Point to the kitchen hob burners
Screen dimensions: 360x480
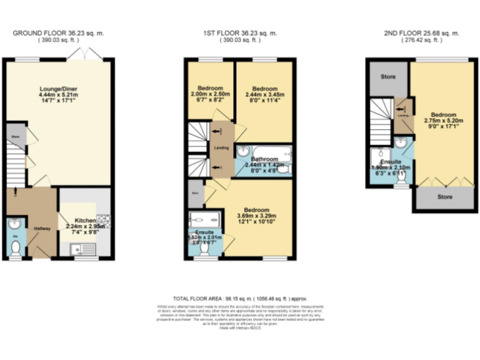(x=103, y=220)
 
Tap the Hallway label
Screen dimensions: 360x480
(x=42, y=228)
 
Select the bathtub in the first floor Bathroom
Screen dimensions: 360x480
(x=262, y=151)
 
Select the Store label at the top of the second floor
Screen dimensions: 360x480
(x=388, y=77)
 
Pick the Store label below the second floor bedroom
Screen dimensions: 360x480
(x=444, y=197)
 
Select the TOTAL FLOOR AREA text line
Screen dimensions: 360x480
(x=241, y=299)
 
